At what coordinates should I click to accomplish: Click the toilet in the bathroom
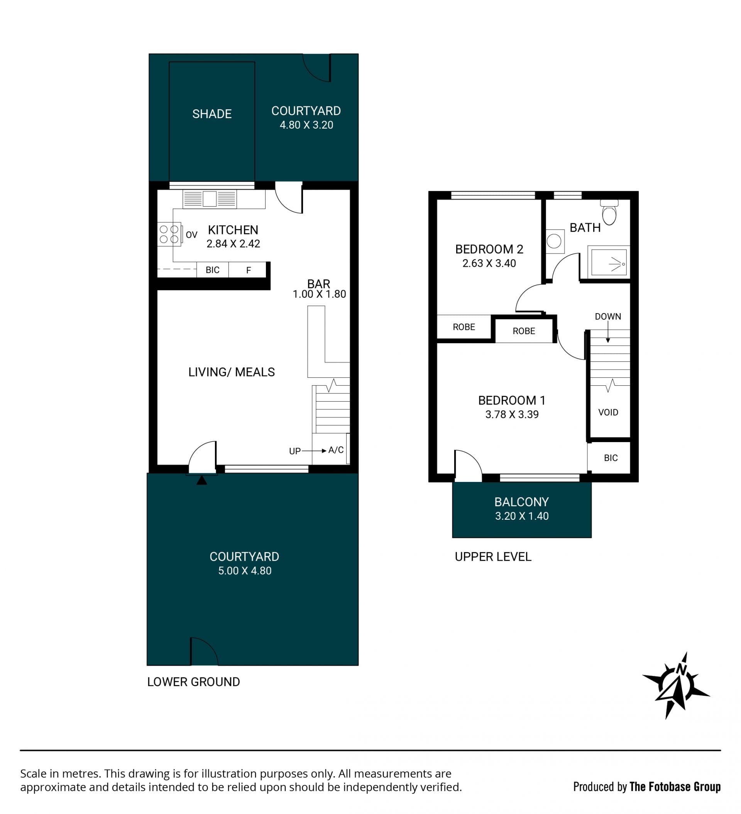[x=609, y=212]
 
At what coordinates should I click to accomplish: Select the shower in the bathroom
[x=609, y=262]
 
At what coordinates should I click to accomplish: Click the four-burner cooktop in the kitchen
[x=169, y=234]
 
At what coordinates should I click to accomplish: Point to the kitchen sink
[x=210, y=199]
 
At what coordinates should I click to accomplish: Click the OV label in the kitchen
[x=191, y=235]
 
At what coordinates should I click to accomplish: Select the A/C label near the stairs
[x=336, y=450]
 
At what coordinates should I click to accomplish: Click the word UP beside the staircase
[x=294, y=451]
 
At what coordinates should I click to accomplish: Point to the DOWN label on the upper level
[x=608, y=317]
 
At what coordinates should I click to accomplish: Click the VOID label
[x=608, y=412]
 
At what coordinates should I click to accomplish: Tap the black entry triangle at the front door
[x=202, y=480]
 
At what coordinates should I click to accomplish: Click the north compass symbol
[x=677, y=685]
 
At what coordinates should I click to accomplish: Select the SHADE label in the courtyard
[x=212, y=114]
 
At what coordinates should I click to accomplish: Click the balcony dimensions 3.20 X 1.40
[x=522, y=516]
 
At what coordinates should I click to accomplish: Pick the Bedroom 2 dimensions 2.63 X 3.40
[x=489, y=263]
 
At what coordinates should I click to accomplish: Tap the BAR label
[x=318, y=284]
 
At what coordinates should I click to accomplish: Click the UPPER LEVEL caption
[x=493, y=557]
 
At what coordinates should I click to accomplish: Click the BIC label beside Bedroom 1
[x=611, y=458]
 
